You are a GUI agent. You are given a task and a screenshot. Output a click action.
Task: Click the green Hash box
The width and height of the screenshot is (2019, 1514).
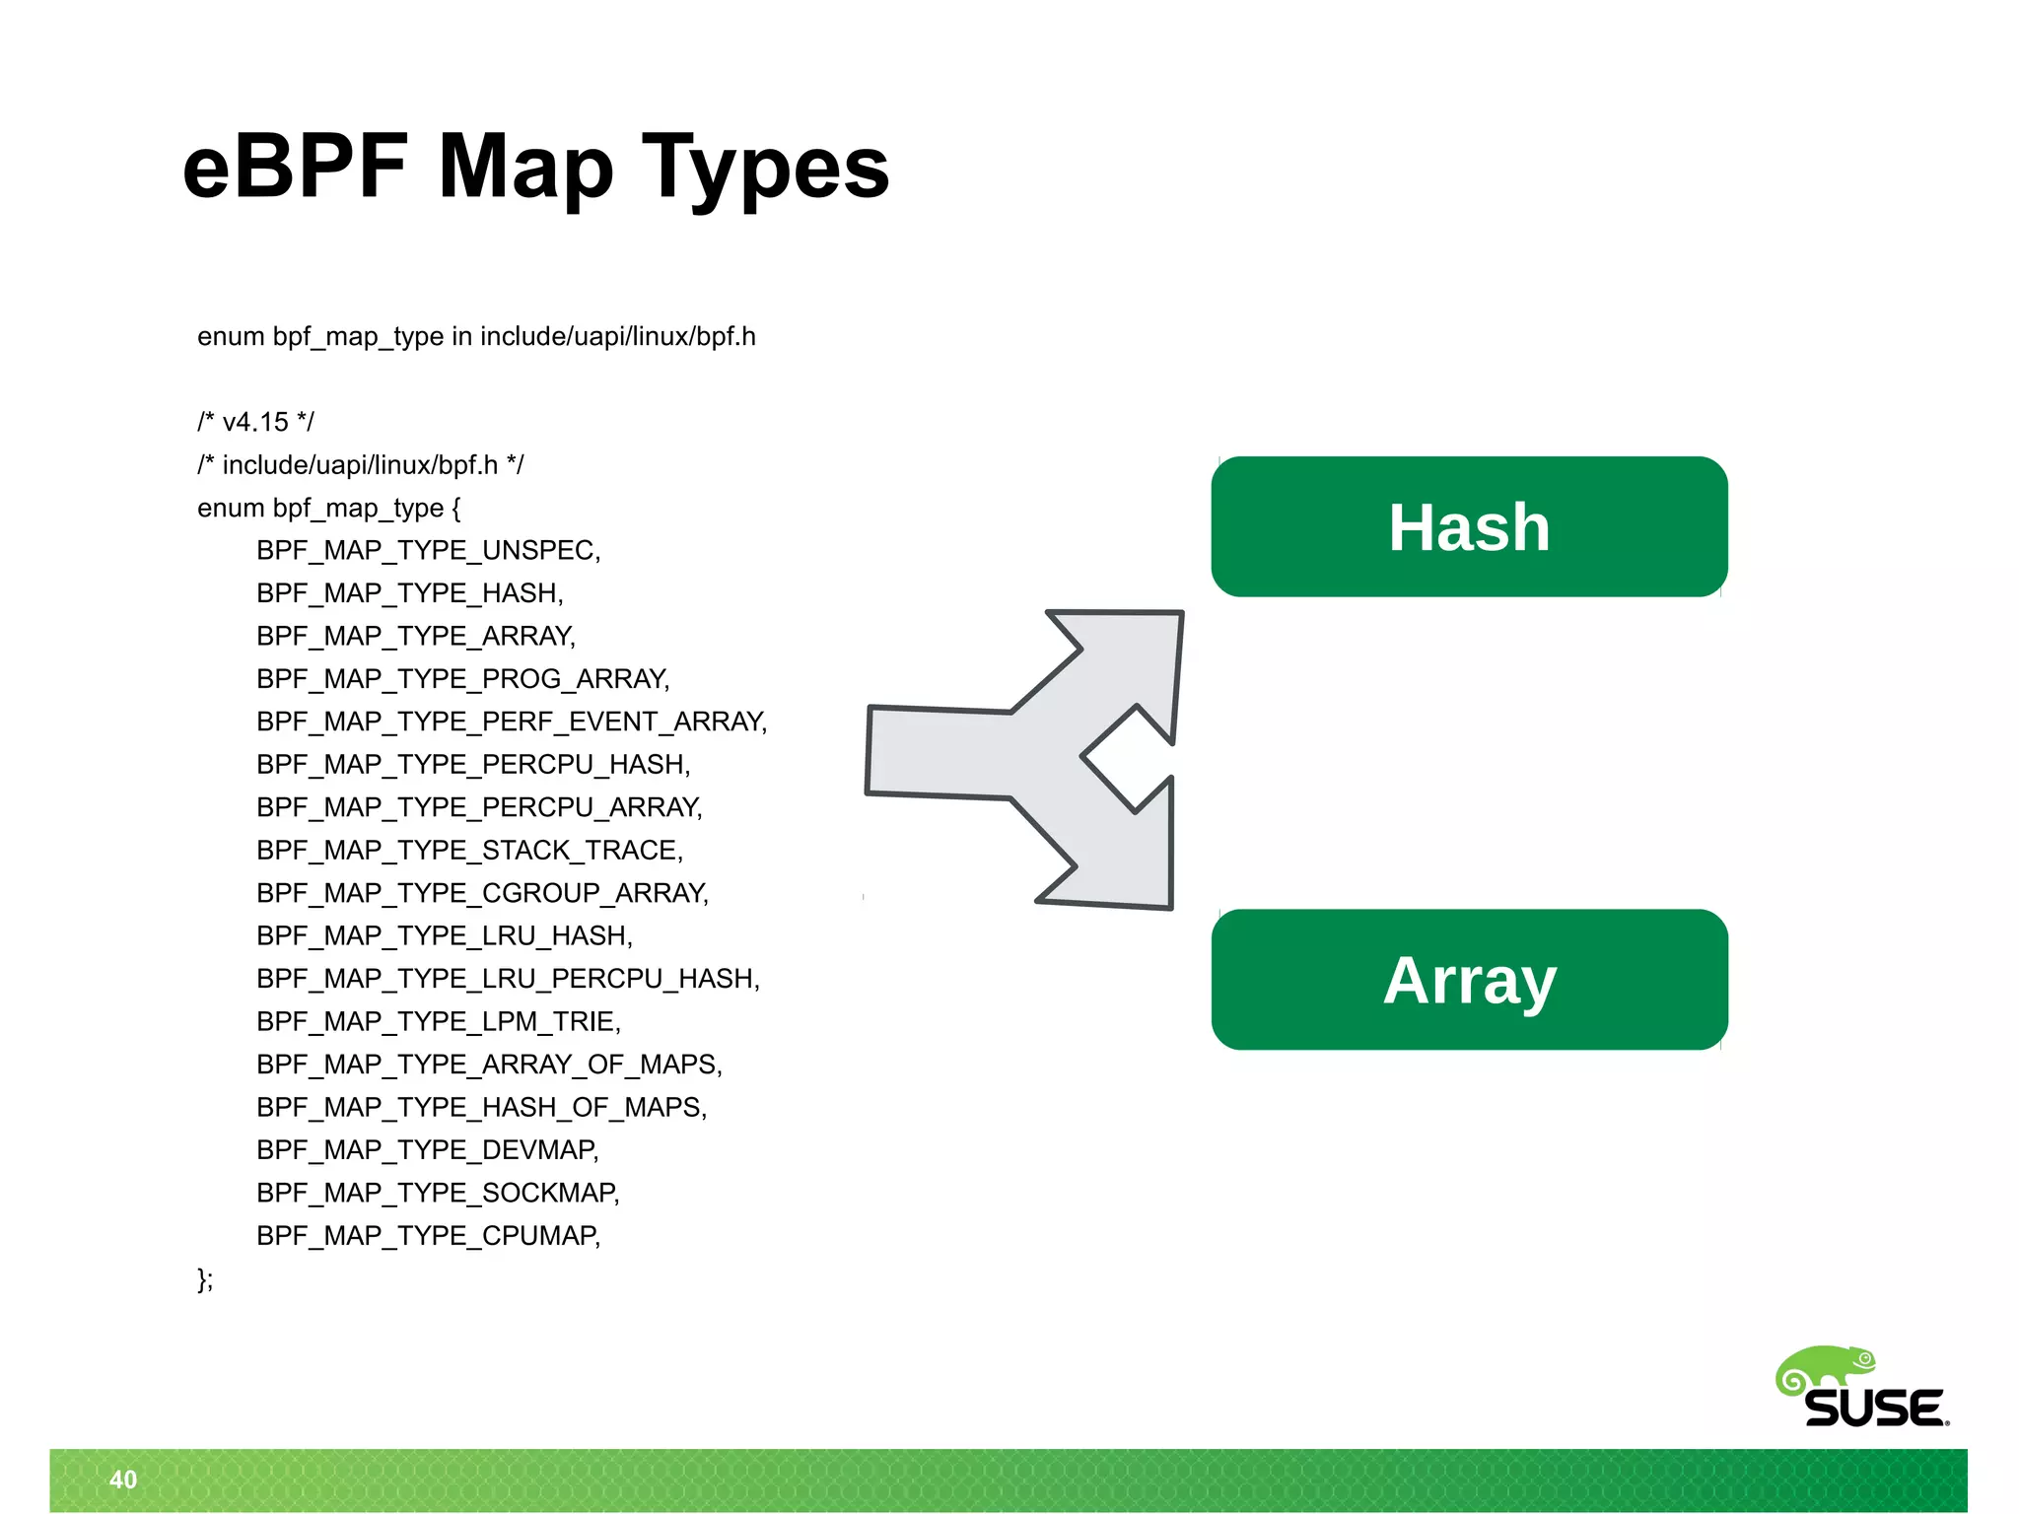(x=1469, y=526)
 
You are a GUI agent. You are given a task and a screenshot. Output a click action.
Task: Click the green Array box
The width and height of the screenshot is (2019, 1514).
(x=1469, y=980)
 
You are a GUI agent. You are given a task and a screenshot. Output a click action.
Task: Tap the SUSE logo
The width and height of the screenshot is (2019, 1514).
(x=1863, y=1390)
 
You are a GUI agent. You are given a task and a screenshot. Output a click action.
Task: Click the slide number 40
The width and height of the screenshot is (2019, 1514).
(x=123, y=1480)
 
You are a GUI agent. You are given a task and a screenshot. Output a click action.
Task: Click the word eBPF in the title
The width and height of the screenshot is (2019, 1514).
(x=296, y=168)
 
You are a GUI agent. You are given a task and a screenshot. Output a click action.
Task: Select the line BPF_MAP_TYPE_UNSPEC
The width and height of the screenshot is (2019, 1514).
(x=428, y=550)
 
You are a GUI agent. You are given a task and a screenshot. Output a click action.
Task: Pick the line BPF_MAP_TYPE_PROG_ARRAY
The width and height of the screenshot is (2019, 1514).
(x=462, y=679)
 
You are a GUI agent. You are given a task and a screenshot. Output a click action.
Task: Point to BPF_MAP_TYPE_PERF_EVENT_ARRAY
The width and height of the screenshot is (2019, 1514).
(x=511, y=722)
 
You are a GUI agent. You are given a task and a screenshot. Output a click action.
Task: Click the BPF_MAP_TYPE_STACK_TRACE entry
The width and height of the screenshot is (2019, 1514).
(x=469, y=850)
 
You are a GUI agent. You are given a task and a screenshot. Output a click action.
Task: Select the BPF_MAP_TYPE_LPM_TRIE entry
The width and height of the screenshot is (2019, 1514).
(x=438, y=1021)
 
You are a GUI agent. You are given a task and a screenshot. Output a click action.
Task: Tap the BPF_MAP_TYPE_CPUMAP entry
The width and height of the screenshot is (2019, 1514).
(x=428, y=1236)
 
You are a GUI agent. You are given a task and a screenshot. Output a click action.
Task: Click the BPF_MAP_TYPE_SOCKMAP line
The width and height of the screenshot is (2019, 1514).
(x=438, y=1193)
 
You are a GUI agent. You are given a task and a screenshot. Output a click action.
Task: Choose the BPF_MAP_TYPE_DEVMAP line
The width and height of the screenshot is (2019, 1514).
(x=427, y=1150)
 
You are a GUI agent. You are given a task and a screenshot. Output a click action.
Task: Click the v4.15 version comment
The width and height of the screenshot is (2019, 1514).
(x=255, y=422)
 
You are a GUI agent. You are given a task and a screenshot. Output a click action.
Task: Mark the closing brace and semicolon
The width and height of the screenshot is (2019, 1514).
(x=205, y=1279)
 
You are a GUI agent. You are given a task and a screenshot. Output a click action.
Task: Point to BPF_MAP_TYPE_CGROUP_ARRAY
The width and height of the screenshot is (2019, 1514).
(x=482, y=893)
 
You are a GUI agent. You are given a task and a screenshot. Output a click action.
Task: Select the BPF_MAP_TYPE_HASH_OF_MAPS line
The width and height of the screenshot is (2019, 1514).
(x=481, y=1107)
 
